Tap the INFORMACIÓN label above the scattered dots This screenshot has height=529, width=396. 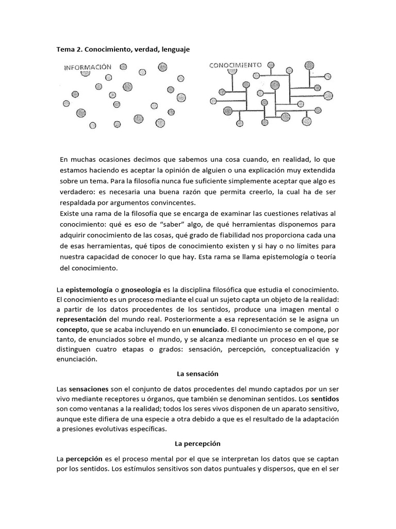coord(88,67)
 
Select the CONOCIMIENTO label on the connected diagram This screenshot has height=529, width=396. coord(236,66)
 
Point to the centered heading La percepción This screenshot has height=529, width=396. coord(198,443)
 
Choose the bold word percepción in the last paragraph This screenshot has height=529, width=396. coord(84,459)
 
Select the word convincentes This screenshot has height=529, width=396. coord(168,203)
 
